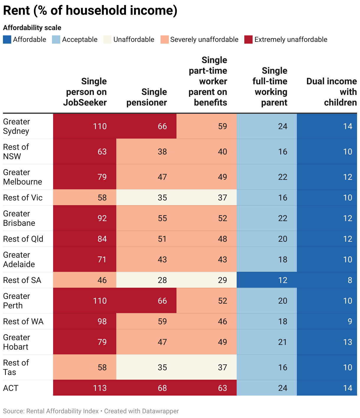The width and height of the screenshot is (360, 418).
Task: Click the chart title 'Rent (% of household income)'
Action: (x=90, y=11)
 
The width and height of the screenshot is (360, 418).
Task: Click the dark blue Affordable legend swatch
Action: (x=7, y=40)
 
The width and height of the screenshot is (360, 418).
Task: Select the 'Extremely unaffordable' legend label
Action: (x=291, y=40)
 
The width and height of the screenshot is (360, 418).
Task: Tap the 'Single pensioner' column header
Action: (x=147, y=97)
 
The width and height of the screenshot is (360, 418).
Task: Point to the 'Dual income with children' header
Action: (x=331, y=92)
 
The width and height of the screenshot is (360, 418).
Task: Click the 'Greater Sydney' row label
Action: (x=17, y=126)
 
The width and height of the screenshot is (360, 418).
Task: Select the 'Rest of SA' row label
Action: (x=22, y=280)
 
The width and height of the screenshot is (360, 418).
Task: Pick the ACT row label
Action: (x=11, y=388)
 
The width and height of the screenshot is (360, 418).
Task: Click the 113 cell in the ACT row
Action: (x=100, y=388)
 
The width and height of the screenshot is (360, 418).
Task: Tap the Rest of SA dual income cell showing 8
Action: (x=350, y=280)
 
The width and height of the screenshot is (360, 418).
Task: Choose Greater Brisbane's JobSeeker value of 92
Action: (x=102, y=218)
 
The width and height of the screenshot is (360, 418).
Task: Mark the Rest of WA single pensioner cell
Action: (x=162, y=321)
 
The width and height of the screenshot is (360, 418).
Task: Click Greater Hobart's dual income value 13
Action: (x=347, y=342)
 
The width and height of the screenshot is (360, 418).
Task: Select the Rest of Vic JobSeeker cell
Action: (x=102, y=198)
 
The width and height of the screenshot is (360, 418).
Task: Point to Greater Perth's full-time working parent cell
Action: (x=282, y=301)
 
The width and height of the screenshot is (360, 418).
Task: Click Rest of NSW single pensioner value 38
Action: (x=162, y=152)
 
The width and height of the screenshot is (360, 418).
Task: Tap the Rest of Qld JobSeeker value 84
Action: (x=102, y=239)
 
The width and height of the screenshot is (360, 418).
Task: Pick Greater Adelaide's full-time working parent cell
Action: (x=282, y=259)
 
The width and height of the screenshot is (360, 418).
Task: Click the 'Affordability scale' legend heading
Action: (x=32, y=28)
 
